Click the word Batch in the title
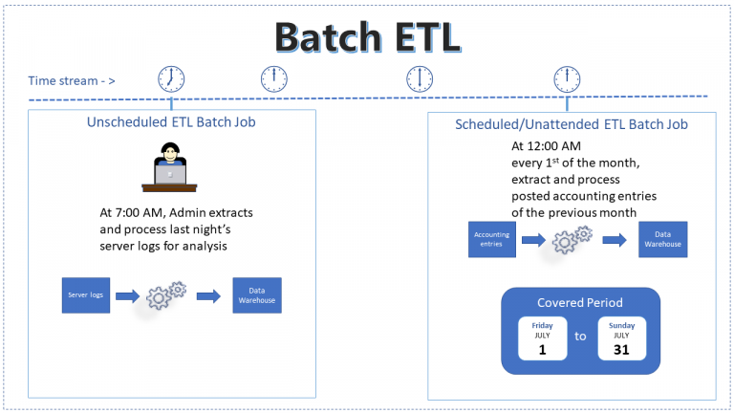(x=331, y=36)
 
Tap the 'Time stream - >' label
(x=72, y=80)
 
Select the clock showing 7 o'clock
(x=171, y=78)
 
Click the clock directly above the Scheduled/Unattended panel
(x=566, y=78)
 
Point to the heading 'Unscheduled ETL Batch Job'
(x=171, y=122)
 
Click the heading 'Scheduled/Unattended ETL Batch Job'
(x=572, y=124)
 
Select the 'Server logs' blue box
(x=85, y=295)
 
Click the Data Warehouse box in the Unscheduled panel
(x=257, y=295)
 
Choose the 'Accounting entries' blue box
(x=492, y=239)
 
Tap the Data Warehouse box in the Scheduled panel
(x=662, y=239)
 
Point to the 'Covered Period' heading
(x=581, y=303)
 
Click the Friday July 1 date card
(x=542, y=339)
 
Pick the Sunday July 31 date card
(x=621, y=339)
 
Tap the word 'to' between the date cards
(x=581, y=337)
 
